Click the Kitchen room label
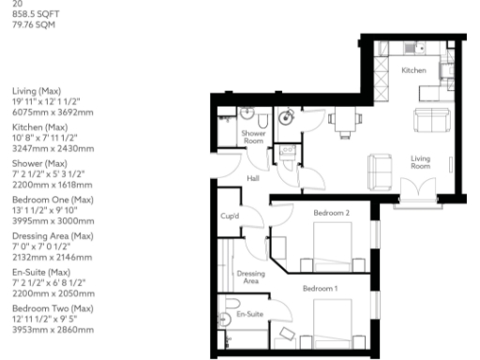413,70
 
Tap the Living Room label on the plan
419,163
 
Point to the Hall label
253,178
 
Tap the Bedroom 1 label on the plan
320,288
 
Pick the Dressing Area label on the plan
251,277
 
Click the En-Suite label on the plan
248,316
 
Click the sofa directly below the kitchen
431,120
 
